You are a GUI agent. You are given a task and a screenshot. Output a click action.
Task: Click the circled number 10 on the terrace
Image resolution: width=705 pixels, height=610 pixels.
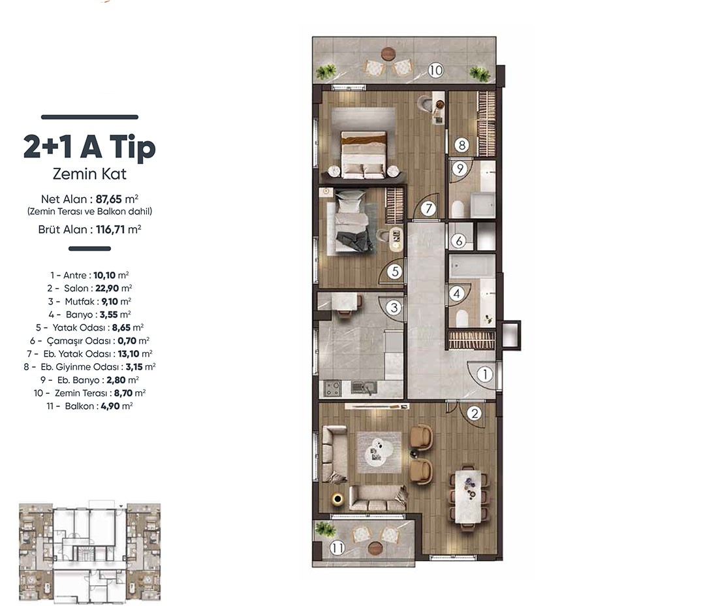[435, 70]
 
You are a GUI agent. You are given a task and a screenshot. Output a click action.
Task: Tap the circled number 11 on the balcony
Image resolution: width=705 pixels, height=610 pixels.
[337, 548]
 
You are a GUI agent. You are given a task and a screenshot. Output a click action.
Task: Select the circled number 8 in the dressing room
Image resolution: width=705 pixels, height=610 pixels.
[462, 145]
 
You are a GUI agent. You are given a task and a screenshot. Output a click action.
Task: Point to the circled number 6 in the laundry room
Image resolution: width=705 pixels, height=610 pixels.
[459, 241]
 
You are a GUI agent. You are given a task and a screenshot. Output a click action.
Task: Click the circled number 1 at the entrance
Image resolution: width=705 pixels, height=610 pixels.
[485, 374]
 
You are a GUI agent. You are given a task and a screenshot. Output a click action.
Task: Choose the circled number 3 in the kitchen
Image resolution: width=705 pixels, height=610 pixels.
[394, 308]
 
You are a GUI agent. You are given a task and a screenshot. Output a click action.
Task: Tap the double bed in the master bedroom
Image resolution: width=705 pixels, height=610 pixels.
[364, 154]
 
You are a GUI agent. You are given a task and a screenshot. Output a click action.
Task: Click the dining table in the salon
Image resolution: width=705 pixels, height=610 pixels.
[469, 496]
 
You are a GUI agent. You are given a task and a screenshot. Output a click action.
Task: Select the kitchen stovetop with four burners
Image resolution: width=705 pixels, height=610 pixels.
[332, 388]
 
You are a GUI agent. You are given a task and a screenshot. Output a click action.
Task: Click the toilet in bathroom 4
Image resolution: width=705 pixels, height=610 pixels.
[462, 319]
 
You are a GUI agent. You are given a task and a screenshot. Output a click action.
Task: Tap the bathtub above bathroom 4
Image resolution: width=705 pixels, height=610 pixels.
[472, 266]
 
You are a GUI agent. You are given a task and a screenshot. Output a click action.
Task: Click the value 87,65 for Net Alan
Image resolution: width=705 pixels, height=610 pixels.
[109, 199]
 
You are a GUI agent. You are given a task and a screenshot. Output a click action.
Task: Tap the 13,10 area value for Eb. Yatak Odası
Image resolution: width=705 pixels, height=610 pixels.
[129, 354]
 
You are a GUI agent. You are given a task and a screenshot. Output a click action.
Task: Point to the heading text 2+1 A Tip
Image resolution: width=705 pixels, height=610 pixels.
[89, 146]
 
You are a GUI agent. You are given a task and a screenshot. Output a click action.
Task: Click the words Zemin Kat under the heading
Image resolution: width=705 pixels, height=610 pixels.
[89, 174]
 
